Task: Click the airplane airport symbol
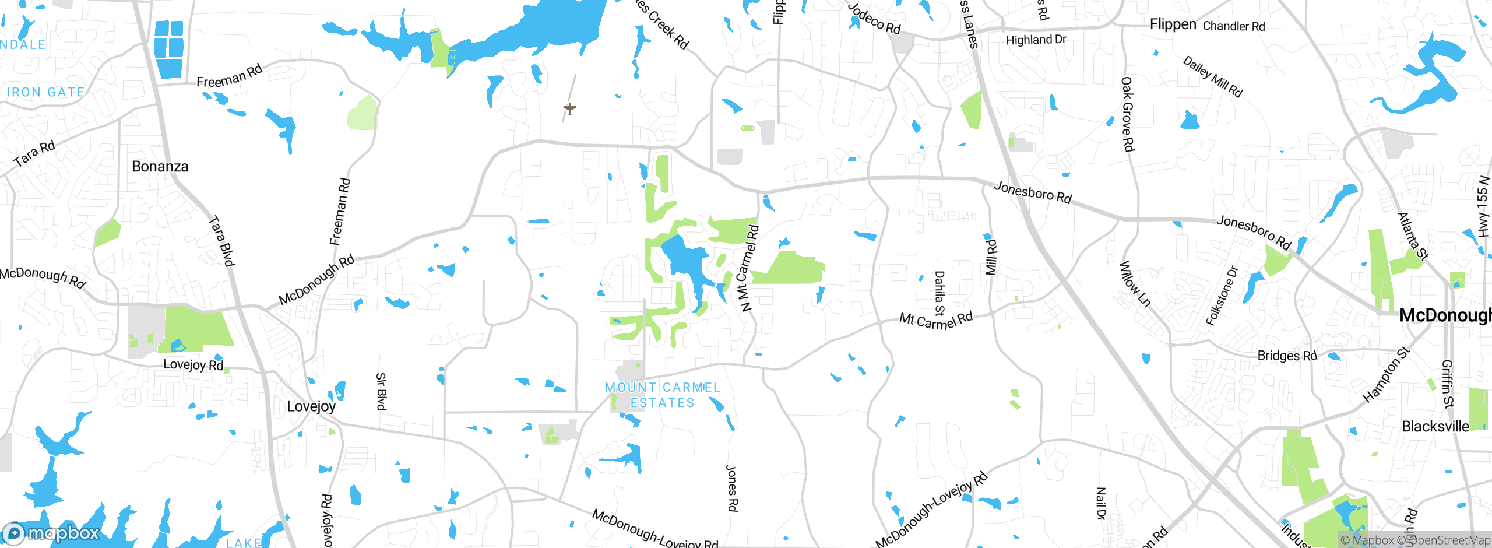point(570,108)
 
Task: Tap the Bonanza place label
point(160,167)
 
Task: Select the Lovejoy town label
point(311,406)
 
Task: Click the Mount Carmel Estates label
point(662,395)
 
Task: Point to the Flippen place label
point(1173,24)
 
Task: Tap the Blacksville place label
point(1435,427)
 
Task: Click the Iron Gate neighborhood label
point(45,92)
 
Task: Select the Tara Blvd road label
point(222,241)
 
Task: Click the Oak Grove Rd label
point(1128,114)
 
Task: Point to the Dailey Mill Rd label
point(1213,76)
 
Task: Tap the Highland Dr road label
point(1036,40)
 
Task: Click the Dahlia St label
point(939,293)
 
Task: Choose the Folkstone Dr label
point(1222,296)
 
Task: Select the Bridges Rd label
point(1287,356)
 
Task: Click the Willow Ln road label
point(1134,284)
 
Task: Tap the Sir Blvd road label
point(381,391)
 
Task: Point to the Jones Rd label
point(732,488)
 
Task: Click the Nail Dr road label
point(1100,503)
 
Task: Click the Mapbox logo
point(51,533)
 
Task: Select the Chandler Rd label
point(1234,26)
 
